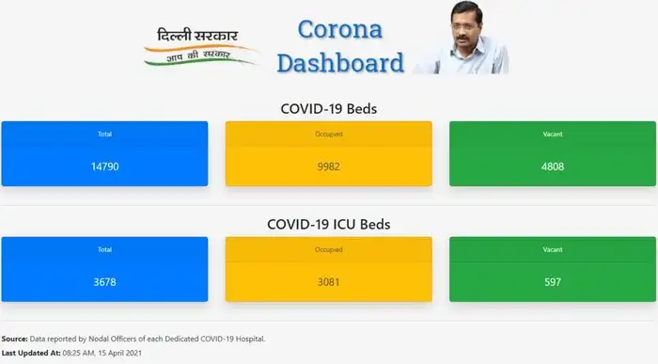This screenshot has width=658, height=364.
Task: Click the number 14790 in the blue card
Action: pyautogui.click(x=104, y=166)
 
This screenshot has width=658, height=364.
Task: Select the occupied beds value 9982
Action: pyautogui.click(x=328, y=166)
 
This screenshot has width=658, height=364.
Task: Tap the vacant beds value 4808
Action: pyautogui.click(x=553, y=166)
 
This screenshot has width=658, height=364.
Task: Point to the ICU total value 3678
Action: pyautogui.click(x=104, y=282)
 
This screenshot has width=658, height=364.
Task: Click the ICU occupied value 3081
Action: pyautogui.click(x=328, y=282)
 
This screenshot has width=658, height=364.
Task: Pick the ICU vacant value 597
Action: pyautogui.click(x=553, y=282)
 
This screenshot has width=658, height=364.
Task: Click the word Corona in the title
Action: pyautogui.click(x=339, y=29)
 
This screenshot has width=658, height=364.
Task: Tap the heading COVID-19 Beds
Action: pyautogui.click(x=329, y=108)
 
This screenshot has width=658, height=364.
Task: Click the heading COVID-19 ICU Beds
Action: pyautogui.click(x=329, y=225)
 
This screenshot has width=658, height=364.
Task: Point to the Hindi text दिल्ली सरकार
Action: pyautogui.click(x=197, y=37)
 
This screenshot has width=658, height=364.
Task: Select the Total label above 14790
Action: pyautogui.click(x=104, y=134)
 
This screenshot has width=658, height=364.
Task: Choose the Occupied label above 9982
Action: pyautogui.click(x=328, y=134)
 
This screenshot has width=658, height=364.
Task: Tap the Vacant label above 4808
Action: pyautogui.click(x=553, y=134)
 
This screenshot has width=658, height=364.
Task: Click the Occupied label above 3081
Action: pyautogui.click(x=328, y=249)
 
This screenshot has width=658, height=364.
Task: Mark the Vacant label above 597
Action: pyautogui.click(x=553, y=249)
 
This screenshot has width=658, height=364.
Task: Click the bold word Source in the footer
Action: pyautogui.click(x=14, y=338)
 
